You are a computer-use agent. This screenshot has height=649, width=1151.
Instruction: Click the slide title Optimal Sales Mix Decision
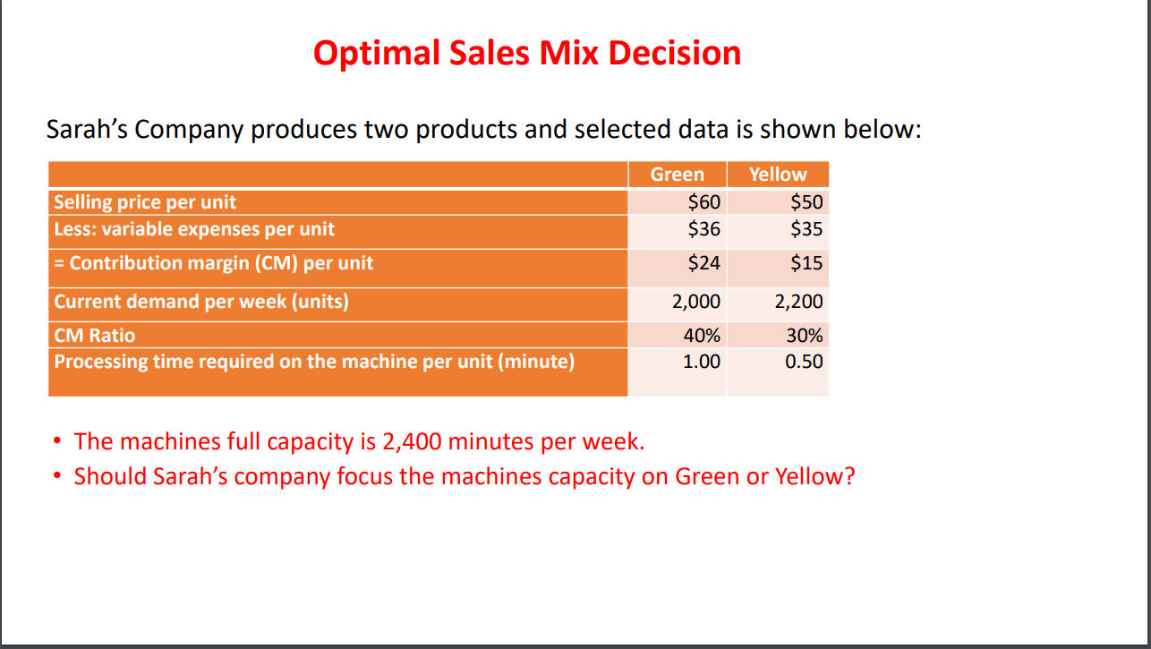[x=527, y=54]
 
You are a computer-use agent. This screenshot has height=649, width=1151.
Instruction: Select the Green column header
[x=677, y=175]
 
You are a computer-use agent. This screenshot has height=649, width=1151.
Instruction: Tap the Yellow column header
[x=778, y=175]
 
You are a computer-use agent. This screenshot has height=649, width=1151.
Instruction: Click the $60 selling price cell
[x=703, y=202]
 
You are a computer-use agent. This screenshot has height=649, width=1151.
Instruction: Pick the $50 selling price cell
[x=806, y=202]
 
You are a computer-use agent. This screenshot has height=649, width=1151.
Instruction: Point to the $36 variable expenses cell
[x=703, y=229]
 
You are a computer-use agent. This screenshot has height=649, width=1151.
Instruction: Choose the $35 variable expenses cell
[x=806, y=229]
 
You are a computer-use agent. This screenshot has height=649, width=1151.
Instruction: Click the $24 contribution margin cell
[x=703, y=263]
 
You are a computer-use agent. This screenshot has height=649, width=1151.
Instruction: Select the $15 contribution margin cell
[x=806, y=263]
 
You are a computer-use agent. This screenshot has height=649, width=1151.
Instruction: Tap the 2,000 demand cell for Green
[x=696, y=302]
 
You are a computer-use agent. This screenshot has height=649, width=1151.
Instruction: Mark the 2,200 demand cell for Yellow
[x=798, y=302]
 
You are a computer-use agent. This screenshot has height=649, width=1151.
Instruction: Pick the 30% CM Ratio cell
[x=804, y=337]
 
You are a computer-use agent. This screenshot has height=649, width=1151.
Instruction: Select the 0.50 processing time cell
[x=804, y=362]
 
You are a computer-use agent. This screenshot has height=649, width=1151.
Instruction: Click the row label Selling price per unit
[x=145, y=202]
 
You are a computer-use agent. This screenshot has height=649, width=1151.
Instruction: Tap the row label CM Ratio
[x=95, y=337]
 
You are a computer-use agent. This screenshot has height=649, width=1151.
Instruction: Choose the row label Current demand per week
[x=201, y=302]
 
